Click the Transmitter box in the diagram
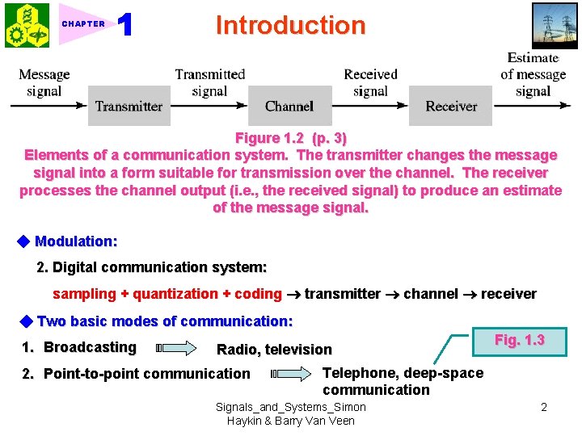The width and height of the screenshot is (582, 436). pyautogui.click(x=129, y=106)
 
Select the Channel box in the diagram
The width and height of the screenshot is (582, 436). pyautogui.click(x=289, y=106)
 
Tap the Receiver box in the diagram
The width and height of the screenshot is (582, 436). pyautogui.click(x=451, y=106)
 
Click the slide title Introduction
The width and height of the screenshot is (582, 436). pyautogui.click(x=290, y=25)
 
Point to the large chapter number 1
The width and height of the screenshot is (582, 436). pyautogui.click(x=125, y=25)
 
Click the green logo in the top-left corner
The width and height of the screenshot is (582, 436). pyautogui.click(x=26, y=25)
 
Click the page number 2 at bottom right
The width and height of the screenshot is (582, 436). pyautogui.click(x=544, y=407)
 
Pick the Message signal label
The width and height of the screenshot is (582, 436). pyautogui.click(x=44, y=82)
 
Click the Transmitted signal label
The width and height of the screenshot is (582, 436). pyautogui.click(x=210, y=82)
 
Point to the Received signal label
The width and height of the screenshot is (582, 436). pyautogui.click(x=370, y=82)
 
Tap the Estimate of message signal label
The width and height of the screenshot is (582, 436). pyautogui.click(x=533, y=74)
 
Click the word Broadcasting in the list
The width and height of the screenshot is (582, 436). pyautogui.click(x=90, y=347)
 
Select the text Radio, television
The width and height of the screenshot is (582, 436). pyautogui.click(x=274, y=350)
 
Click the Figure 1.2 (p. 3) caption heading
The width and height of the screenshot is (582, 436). pyautogui.click(x=290, y=137)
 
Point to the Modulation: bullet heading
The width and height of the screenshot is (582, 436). pyautogui.click(x=76, y=241)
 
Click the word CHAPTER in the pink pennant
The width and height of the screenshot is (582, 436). pyautogui.click(x=83, y=24)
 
